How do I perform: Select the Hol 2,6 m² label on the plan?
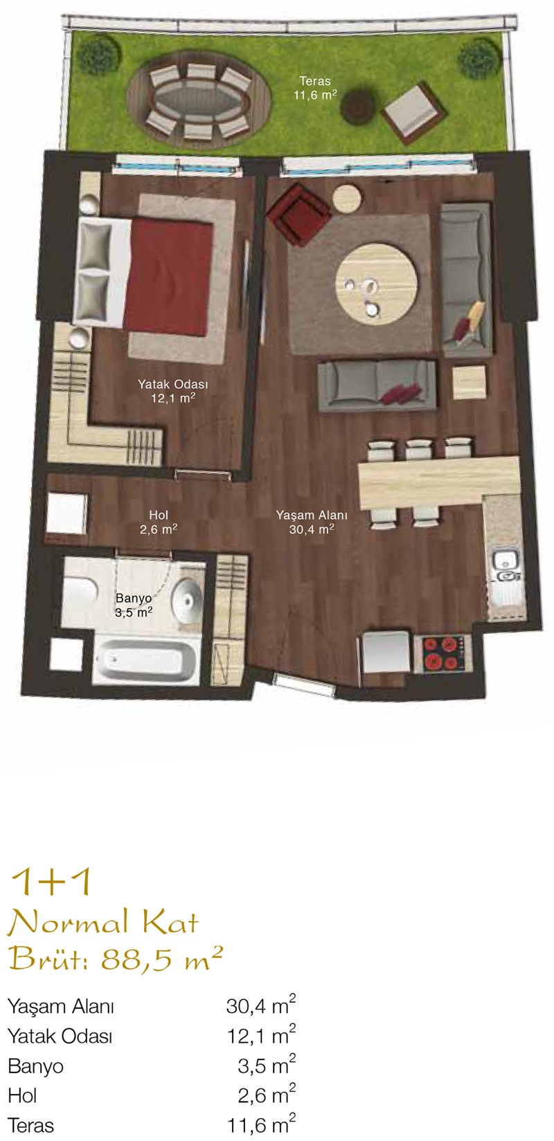159,522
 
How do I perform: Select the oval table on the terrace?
202,101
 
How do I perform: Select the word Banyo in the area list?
36,1066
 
